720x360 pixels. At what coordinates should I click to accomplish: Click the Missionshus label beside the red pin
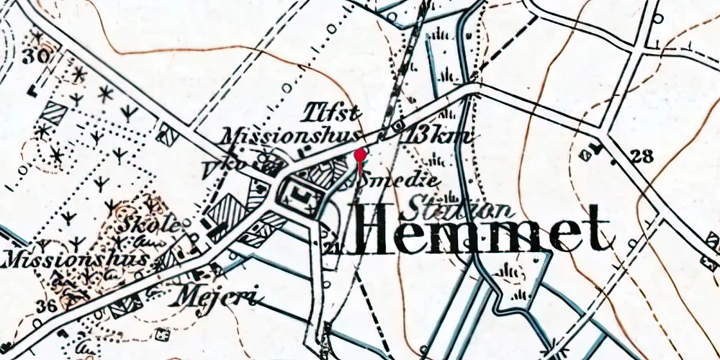[290, 136]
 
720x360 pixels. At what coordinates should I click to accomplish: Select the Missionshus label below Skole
[75, 258]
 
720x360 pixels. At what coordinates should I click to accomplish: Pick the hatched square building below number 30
[55, 113]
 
